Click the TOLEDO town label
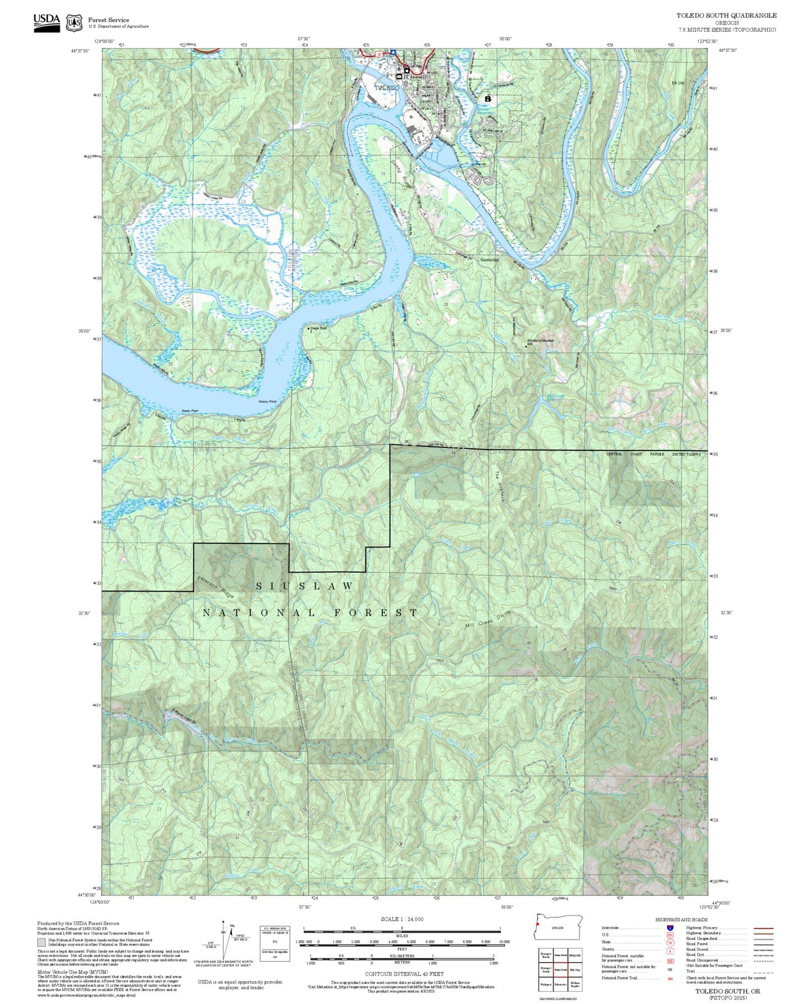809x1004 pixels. [x=387, y=88]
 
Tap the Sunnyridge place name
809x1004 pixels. [x=489, y=260]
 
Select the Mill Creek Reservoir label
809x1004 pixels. [x=555, y=397]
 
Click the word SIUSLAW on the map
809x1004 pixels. [x=305, y=586]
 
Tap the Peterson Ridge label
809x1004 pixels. [x=215, y=587]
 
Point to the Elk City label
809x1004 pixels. [x=678, y=83]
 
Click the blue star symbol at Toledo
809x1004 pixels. [x=394, y=53]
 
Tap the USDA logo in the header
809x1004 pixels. [x=46, y=22]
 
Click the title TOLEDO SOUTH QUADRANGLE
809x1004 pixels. [x=726, y=16]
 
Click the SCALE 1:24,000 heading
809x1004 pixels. [x=402, y=919]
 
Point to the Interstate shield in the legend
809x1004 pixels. [x=670, y=928]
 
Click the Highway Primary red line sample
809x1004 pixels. [x=763, y=928]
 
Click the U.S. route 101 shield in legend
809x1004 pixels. [x=670, y=935]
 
